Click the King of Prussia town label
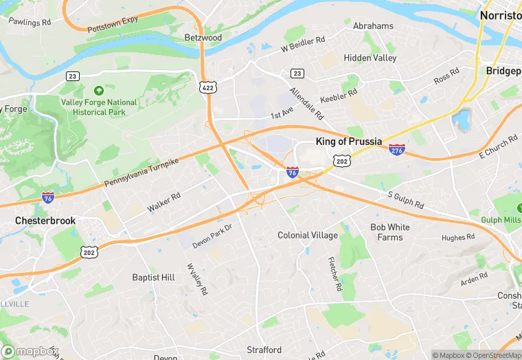348,142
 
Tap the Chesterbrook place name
46,221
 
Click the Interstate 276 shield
396,149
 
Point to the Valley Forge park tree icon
99,91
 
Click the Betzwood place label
203,37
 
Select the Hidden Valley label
370,58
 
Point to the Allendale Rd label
306,101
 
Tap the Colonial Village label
308,235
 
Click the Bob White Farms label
390,232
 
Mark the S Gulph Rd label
405,201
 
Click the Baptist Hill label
153,278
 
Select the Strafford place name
264,350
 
